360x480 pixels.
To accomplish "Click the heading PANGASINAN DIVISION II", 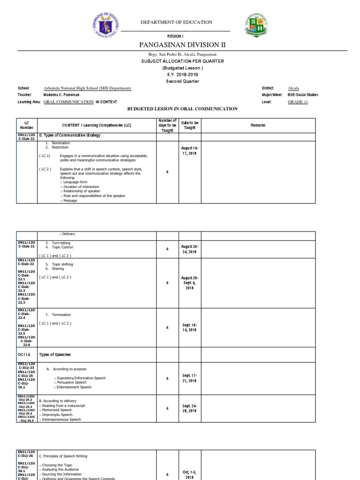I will pyautogui.click(x=180, y=45).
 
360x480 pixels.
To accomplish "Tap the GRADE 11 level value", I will pyautogui.click(x=298, y=102).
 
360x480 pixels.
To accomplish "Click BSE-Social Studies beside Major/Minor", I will pyautogui.click(x=303, y=95).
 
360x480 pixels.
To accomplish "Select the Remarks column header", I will pyautogui.click(x=257, y=125).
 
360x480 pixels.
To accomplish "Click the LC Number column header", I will pyautogui.click(x=27, y=125).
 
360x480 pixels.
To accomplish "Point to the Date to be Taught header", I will pyautogui.click(x=190, y=125).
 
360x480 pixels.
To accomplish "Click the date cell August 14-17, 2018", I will pyautogui.click(x=190, y=150).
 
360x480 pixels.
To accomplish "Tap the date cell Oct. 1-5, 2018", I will pyautogui.click(x=190, y=474).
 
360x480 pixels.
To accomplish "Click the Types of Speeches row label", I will pyautogui.click(x=55, y=354).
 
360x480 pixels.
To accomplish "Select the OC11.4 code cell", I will pyautogui.click(x=24, y=354).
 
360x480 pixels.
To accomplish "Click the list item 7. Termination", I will pyautogui.click(x=58, y=315).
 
